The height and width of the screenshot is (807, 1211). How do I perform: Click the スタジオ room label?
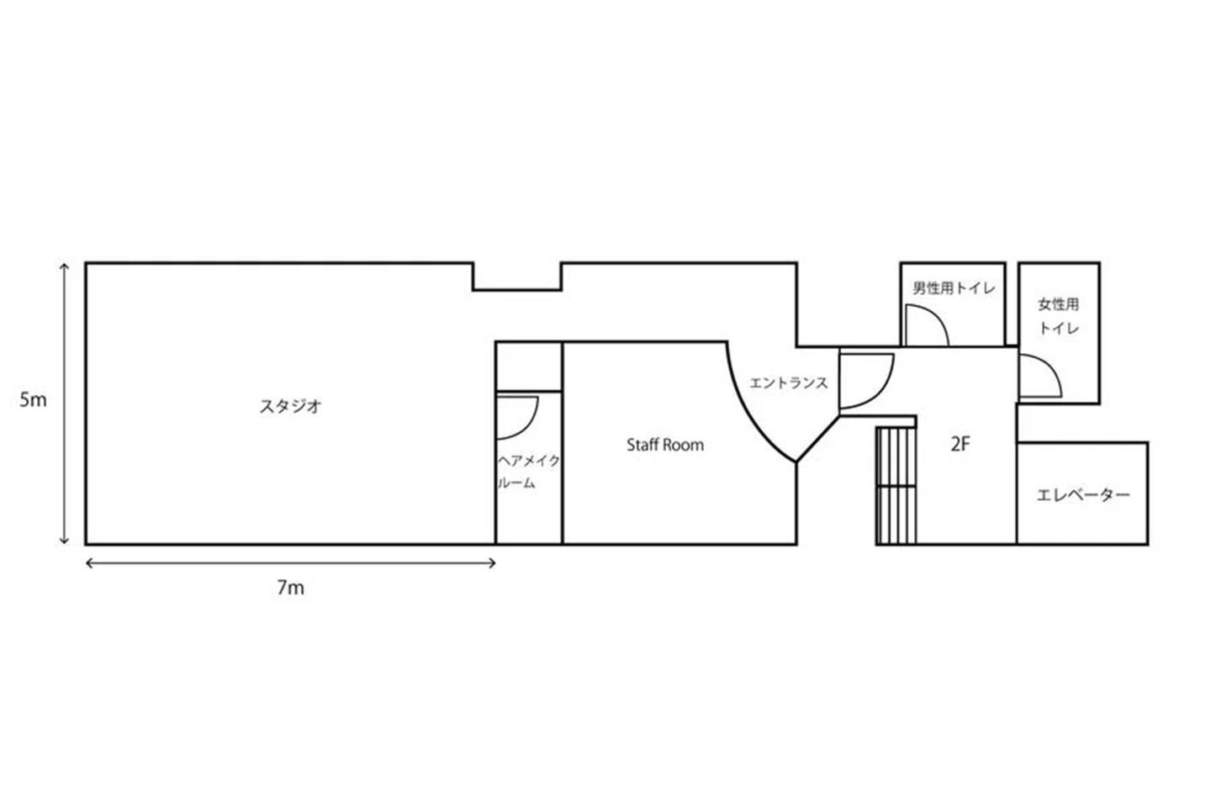point(291,406)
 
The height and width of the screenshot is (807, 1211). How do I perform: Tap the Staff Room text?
point(665,445)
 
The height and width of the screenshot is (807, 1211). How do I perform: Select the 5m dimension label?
point(33,400)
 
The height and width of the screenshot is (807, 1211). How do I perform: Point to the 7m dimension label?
point(291,588)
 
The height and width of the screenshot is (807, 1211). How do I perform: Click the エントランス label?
point(788,382)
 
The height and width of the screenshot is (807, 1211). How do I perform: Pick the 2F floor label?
point(960,445)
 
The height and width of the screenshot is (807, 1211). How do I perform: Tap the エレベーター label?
point(1083,494)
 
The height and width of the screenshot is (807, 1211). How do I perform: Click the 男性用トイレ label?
point(954,288)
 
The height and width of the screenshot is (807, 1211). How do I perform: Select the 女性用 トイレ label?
point(1059,316)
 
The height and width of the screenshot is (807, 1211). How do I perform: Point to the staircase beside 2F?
point(896,485)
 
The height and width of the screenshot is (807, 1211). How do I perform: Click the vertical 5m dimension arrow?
point(64,403)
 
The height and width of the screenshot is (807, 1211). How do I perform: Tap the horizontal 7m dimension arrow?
point(291,563)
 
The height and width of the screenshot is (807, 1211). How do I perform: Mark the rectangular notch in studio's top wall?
point(517,277)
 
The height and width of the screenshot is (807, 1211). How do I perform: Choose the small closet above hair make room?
point(529,367)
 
